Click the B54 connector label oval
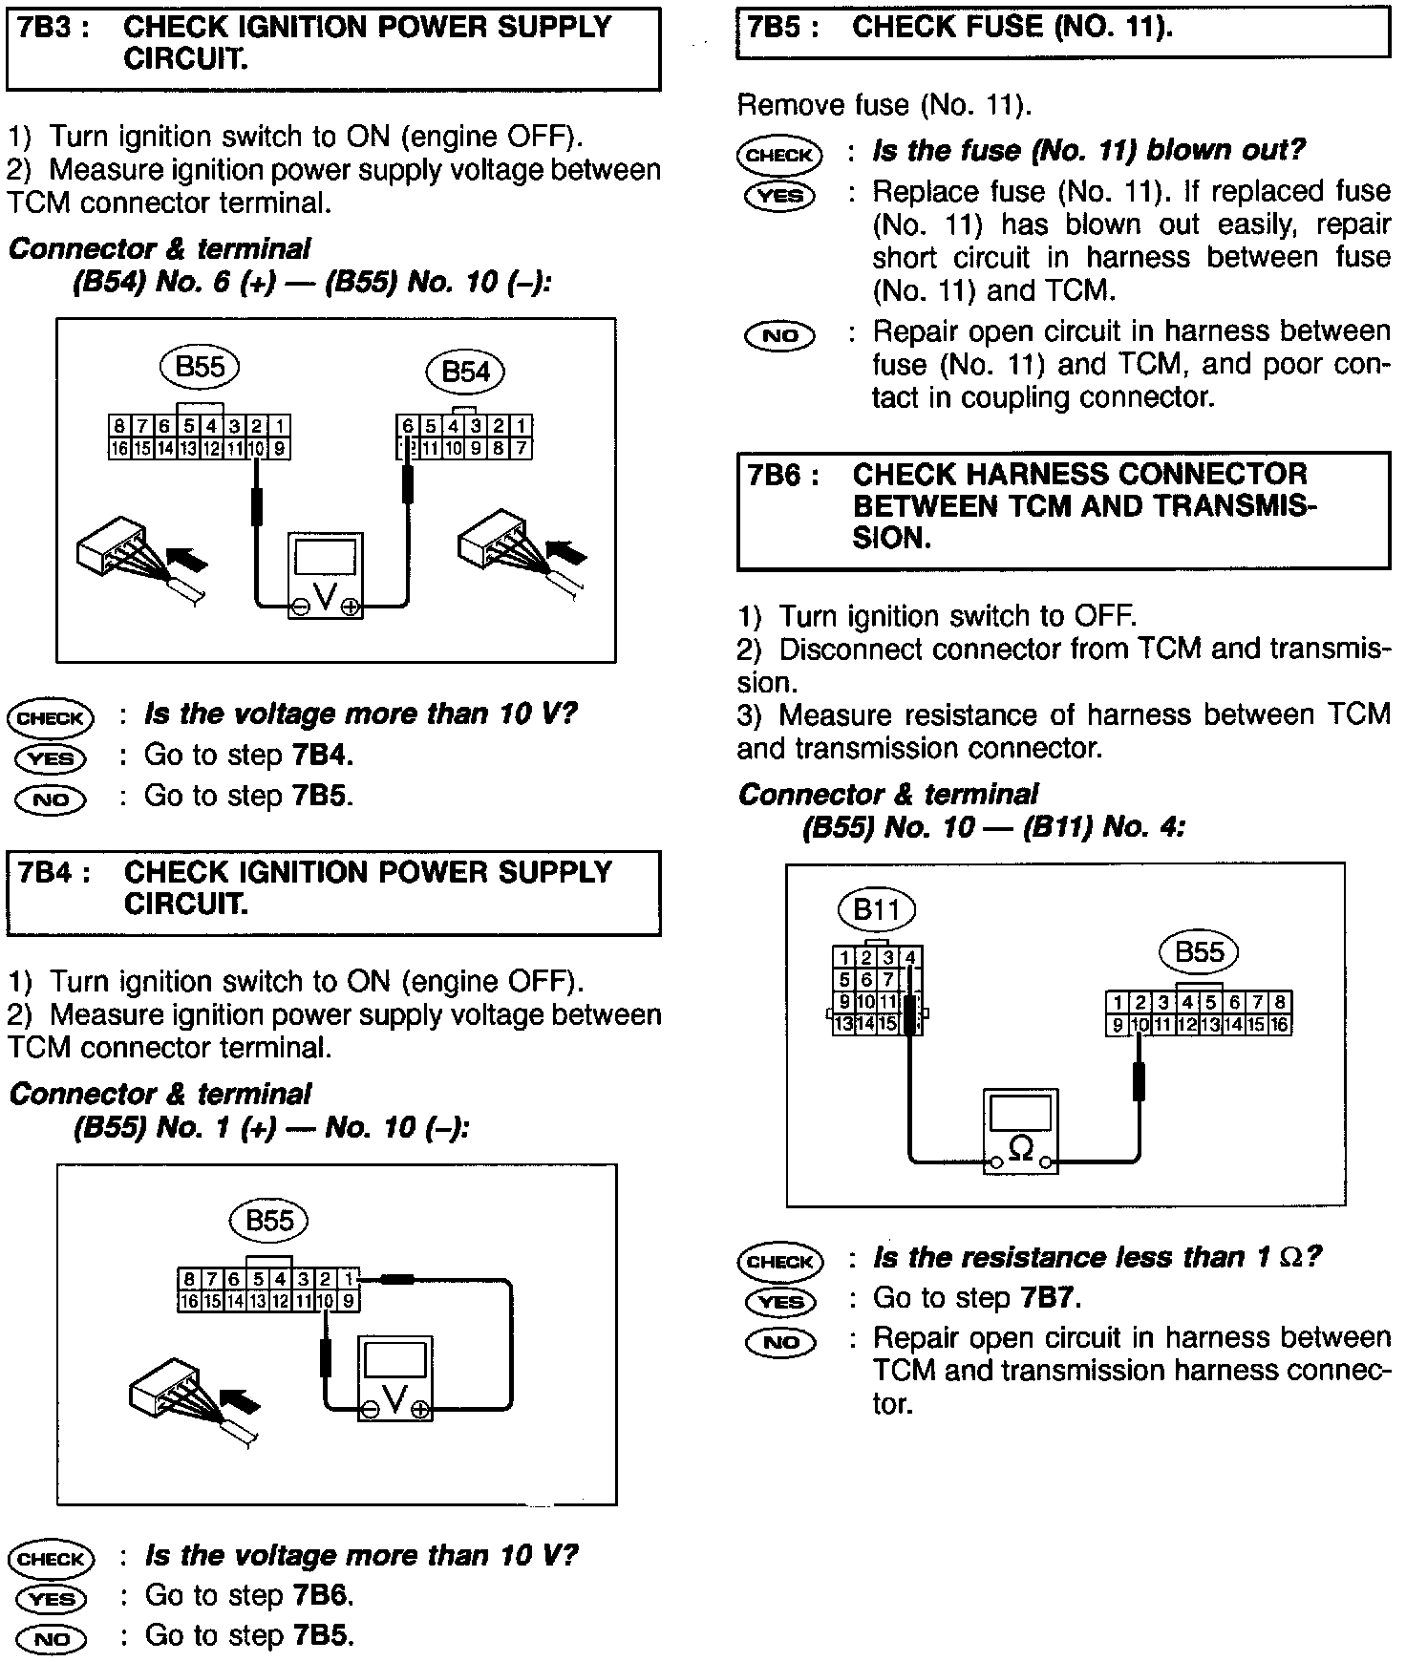[465, 372]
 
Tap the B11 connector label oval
[876, 908]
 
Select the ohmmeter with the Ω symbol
[1021, 1131]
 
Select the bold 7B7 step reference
[1049, 1298]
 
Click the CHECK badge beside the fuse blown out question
[780, 156]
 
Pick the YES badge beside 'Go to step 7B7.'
[780, 1301]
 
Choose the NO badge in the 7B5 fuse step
[780, 335]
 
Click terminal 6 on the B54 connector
[408, 426]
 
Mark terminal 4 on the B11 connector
[912, 957]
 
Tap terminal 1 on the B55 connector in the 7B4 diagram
[349, 1278]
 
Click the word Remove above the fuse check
[785, 105]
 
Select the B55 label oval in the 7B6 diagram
[1199, 952]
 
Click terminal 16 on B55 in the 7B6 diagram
[1280, 1025]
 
